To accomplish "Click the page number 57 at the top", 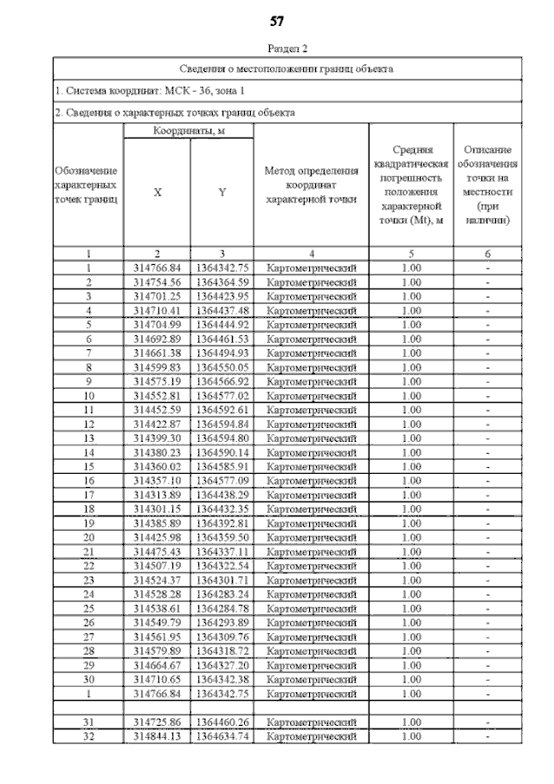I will (277, 21).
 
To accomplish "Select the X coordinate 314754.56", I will (157, 282).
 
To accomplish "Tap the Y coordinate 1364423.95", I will (222, 296).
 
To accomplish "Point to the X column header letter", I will (157, 193).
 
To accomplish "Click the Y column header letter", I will (222, 193).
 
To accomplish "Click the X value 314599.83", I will (157, 367).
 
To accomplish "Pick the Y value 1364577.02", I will (222, 396).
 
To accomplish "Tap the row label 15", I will (88, 467).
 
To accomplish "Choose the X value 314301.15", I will (157, 509).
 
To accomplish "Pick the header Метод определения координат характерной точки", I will (312, 186).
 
